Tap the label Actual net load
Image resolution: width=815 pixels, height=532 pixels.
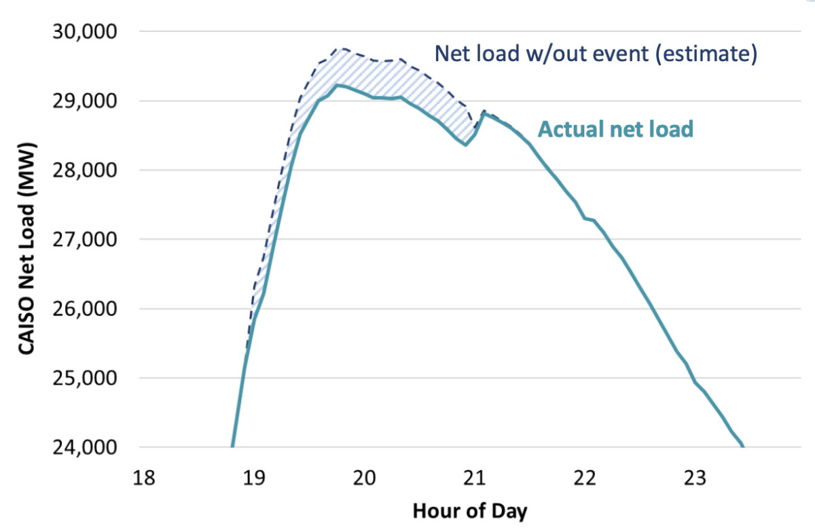[615, 128]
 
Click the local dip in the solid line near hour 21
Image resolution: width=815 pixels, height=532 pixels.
[465, 144]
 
